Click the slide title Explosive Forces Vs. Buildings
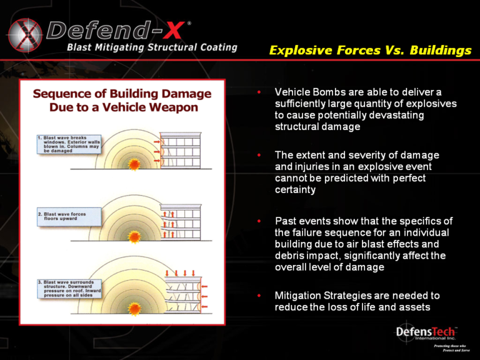point(370,51)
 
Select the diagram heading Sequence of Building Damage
point(122,94)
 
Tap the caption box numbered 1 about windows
point(65,144)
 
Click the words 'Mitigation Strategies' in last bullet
point(321,295)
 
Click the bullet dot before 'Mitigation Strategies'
point(259,295)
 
